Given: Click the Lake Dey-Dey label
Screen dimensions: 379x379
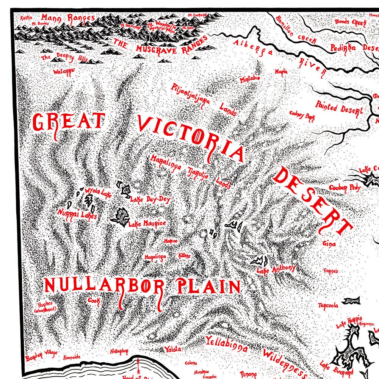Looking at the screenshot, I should [150, 199].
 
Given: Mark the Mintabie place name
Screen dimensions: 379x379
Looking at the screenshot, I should [250, 79].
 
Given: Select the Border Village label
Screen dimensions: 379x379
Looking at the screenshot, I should [41, 355].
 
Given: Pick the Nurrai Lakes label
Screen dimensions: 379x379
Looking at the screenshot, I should [77, 215].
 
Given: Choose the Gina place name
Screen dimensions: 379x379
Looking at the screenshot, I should [329, 244].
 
